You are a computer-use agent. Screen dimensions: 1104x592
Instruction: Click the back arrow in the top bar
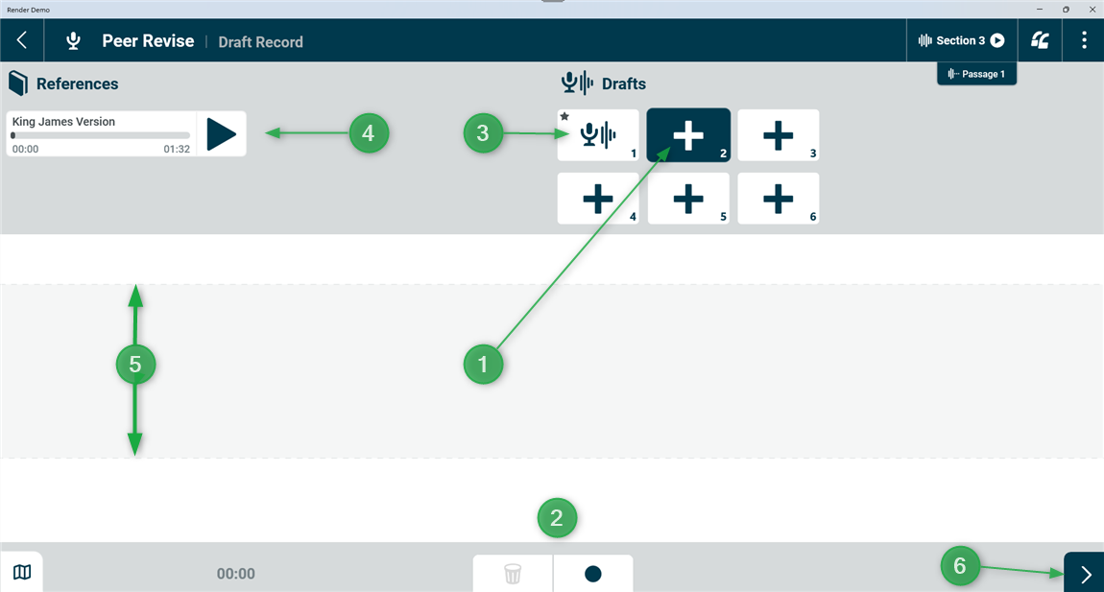click(22, 40)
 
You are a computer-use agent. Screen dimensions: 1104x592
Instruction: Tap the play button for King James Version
click(221, 133)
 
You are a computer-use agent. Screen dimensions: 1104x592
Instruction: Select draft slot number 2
click(688, 135)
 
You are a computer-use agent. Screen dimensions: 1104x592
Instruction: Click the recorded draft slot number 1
click(598, 135)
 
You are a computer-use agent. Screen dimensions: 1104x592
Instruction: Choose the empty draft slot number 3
click(778, 135)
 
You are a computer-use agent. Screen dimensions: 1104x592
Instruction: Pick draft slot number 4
click(598, 199)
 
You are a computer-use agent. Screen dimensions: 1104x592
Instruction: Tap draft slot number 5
click(688, 199)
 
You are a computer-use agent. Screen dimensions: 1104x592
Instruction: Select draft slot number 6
click(778, 199)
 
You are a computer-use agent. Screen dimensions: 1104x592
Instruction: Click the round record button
click(593, 574)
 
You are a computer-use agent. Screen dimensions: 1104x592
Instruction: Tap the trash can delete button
click(513, 574)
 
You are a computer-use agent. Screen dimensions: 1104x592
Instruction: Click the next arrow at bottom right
click(1084, 573)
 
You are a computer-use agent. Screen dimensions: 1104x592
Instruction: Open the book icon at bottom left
click(22, 572)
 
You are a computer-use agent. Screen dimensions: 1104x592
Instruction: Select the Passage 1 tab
click(976, 74)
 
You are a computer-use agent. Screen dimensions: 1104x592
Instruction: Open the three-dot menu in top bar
click(1084, 40)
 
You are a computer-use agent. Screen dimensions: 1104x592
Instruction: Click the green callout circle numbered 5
click(135, 365)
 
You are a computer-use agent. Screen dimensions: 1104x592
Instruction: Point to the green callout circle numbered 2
click(557, 518)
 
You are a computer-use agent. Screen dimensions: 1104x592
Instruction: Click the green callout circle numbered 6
click(960, 566)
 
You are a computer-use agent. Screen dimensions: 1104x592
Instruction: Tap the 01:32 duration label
click(177, 150)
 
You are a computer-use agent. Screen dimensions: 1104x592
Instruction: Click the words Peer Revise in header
click(148, 41)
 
